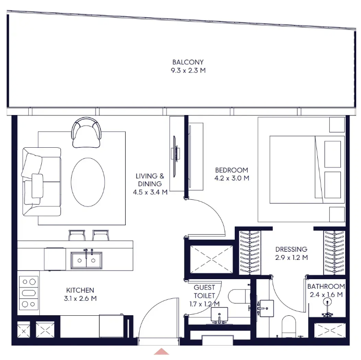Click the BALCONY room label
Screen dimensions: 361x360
pyautogui.click(x=188, y=62)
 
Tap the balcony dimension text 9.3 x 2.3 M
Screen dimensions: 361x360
pyautogui.click(x=188, y=70)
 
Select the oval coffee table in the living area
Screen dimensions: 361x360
pyautogui.click(x=88, y=182)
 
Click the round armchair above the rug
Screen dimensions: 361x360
pyautogui.click(x=86, y=133)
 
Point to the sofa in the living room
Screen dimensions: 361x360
pyautogui.click(x=41, y=181)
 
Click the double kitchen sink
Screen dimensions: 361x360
pyautogui.click(x=86, y=260)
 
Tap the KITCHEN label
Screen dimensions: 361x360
pyautogui.click(x=80, y=290)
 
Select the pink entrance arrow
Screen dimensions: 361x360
pyautogui.click(x=161, y=351)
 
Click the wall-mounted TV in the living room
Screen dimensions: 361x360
pyautogui.click(x=175, y=153)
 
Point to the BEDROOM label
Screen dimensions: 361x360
pyautogui.click(x=231, y=170)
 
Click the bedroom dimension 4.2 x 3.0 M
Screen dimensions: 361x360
pyautogui.click(x=231, y=178)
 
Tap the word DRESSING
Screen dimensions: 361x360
pyautogui.click(x=291, y=249)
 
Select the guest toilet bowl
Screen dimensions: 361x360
pyautogui.click(x=239, y=296)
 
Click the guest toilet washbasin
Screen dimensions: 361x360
pyautogui.click(x=219, y=315)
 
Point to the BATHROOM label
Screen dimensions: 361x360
pyautogui.click(x=326, y=286)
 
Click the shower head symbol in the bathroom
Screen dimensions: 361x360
pyautogui.click(x=327, y=302)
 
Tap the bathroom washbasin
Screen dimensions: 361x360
pyautogui.click(x=266, y=309)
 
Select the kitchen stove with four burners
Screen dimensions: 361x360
pyautogui.click(x=29, y=293)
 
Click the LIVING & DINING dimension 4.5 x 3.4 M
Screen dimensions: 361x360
pyautogui.click(x=150, y=192)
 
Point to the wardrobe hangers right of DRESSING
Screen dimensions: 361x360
pyautogui.click(x=334, y=253)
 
